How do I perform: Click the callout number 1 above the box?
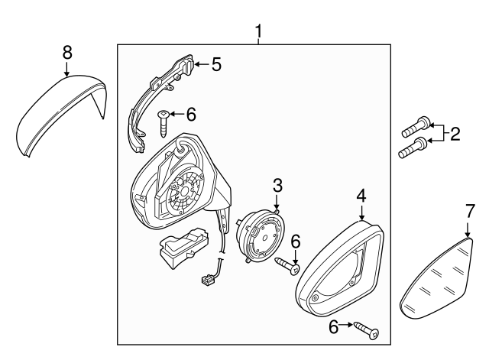(258, 32)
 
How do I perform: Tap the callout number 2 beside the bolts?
(455, 135)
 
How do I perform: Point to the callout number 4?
(361, 196)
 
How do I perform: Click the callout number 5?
(216, 64)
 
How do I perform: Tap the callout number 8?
(67, 52)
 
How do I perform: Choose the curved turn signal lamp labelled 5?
(157, 96)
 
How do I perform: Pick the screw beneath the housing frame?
(366, 329)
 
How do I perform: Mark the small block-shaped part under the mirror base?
(182, 248)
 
